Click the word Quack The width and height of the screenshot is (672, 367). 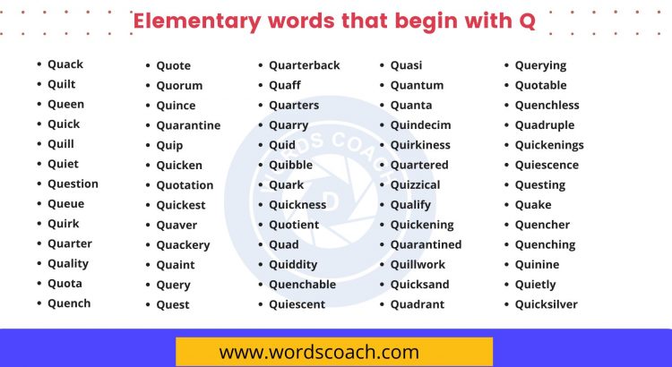pyautogui.click(x=65, y=64)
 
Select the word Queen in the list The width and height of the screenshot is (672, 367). pyautogui.click(x=65, y=105)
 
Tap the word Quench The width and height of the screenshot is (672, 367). pyautogui.click(x=69, y=303)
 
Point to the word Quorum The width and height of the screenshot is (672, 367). pyautogui.click(x=179, y=86)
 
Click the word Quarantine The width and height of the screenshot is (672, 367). pyautogui.click(x=188, y=126)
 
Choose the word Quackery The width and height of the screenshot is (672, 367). pyautogui.click(x=183, y=245)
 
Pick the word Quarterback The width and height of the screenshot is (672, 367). pyautogui.click(x=305, y=65)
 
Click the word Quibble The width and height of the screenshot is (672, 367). pyautogui.click(x=290, y=166)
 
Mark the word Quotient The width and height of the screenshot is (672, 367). pyautogui.click(x=294, y=226)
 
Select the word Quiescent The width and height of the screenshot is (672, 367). pyautogui.click(x=297, y=305)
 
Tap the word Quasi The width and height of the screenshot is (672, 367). pyautogui.click(x=406, y=65)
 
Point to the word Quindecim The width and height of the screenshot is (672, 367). pyautogui.click(x=420, y=125)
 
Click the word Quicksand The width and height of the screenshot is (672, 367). pyautogui.click(x=419, y=285)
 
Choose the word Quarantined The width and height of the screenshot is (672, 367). pyautogui.click(x=426, y=245)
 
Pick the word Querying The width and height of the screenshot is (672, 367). pyautogui.click(x=540, y=66)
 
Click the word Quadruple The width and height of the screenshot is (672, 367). pyautogui.click(x=544, y=125)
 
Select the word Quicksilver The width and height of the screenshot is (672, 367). pyautogui.click(x=546, y=305)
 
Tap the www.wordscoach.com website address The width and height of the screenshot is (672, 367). pyautogui.click(x=319, y=353)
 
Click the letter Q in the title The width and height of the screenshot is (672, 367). pyautogui.click(x=527, y=21)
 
